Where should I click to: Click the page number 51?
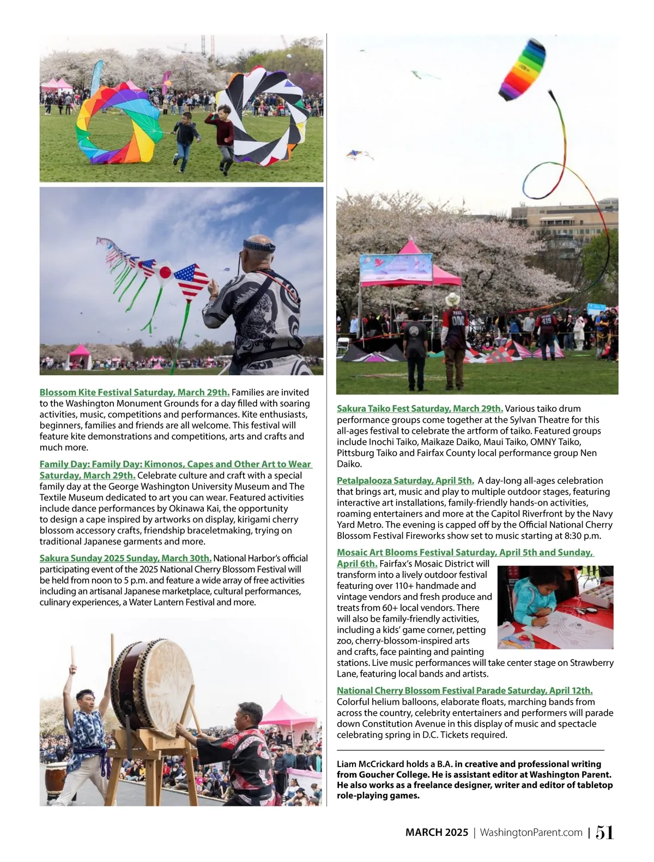click(604, 832)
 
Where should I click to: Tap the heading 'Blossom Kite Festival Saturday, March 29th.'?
click(135, 392)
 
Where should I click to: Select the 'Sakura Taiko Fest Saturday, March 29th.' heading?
click(420, 409)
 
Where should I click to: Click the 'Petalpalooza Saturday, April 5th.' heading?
click(405, 481)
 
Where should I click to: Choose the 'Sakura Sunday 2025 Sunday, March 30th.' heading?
click(125, 558)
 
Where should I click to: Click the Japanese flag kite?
click(165, 273)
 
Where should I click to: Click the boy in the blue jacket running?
click(184, 137)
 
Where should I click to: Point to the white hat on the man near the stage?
click(452, 299)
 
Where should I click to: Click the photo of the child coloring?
click(555, 607)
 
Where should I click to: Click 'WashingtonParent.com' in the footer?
click(531, 833)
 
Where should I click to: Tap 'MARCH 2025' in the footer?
click(437, 833)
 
